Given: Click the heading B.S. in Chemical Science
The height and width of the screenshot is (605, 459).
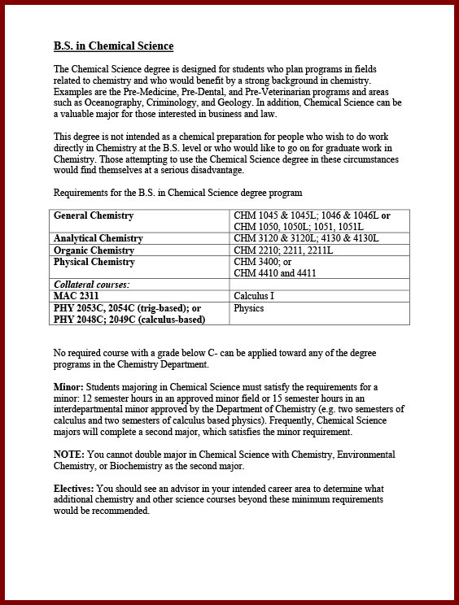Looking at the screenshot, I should [113, 46].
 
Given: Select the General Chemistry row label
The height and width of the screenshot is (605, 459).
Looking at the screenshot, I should [94, 215].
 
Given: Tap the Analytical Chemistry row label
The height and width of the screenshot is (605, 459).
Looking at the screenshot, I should [98, 238].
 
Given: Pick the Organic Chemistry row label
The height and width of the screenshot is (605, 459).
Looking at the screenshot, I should [94, 250].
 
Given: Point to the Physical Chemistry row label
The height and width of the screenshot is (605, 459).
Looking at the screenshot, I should [94, 263].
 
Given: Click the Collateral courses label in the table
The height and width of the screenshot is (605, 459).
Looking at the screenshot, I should [92, 285].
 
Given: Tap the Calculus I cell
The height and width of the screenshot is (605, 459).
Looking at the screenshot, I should [254, 296].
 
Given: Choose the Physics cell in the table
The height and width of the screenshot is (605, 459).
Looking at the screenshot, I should [249, 308].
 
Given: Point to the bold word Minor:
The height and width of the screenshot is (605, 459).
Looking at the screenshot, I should [69, 387].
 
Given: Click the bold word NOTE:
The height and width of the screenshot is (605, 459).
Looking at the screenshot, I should [69, 454].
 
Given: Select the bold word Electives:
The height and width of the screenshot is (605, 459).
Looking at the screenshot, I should [74, 488].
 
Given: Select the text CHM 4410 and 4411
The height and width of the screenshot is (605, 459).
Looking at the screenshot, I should [275, 273].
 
